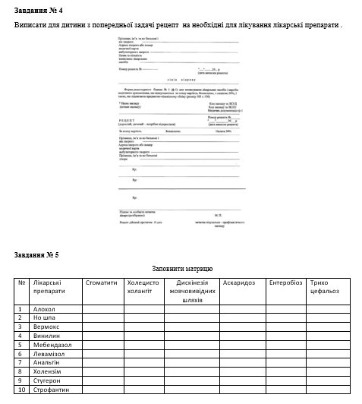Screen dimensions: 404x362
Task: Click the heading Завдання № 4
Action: coord(38,10)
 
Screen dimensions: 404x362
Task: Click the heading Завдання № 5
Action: coord(38,254)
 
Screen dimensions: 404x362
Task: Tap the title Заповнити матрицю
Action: coord(182,269)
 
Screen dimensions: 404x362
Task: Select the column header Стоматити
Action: coord(101,282)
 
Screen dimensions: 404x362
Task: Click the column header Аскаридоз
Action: coord(238,282)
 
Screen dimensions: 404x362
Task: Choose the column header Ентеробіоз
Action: coord(286,282)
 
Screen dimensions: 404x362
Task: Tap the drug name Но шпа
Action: coord(45,318)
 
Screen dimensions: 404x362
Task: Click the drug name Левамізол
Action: coord(50,353)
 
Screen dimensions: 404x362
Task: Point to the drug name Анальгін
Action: coord(49,361)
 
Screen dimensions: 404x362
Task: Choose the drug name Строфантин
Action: coord(52,388)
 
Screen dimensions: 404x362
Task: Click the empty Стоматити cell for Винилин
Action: coord(101,335)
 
